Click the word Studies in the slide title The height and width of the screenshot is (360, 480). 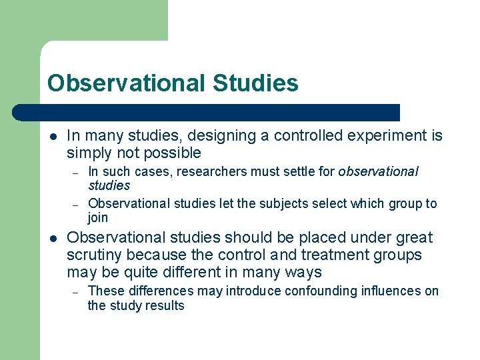pyautogui.click(x=256, y=83)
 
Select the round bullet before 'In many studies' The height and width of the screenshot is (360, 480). pyautogui.click(x=52, y=137)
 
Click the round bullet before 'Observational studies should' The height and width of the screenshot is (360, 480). pyautogui.click(x=52, y=238)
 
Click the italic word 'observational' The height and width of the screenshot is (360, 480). pyautogui.click(x=378, y=172)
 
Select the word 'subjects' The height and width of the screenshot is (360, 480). pyautogui.click(x=249, y=203)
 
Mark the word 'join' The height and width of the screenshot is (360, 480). pyautogui.click(x=97, y=218)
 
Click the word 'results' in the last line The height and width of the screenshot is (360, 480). pyautogui.click(x=167, y=306)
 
